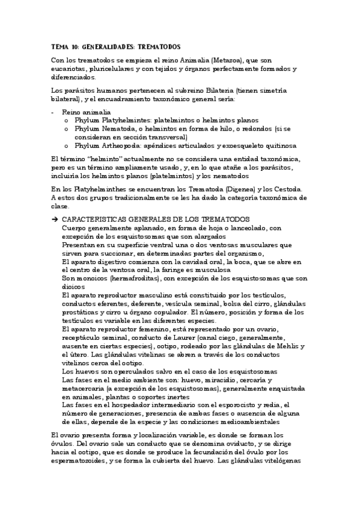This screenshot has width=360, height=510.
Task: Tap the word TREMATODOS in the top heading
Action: [x=156, y=46]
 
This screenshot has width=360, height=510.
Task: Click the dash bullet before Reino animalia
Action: [x=53, y=112]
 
